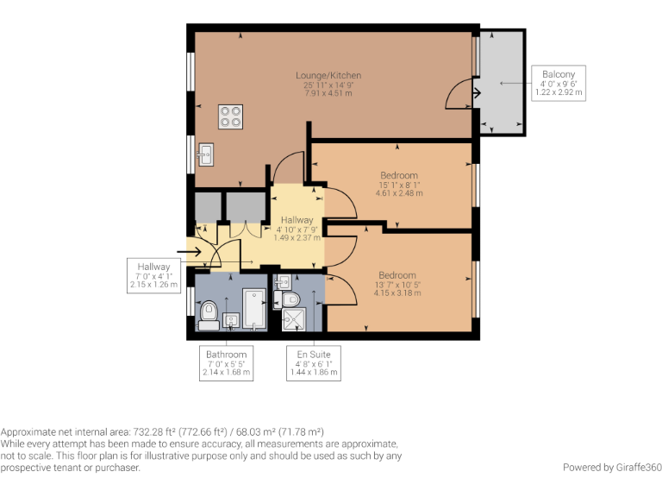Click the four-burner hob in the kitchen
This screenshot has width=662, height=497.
pos(230,116)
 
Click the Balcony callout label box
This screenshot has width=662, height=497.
pos(559,83)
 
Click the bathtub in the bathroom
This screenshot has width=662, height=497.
pos(254,308)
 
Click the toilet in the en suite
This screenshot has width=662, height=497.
pos(290,299)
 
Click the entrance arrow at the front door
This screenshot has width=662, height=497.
pos(192,252)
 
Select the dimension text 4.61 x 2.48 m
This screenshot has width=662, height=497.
pos(398,194)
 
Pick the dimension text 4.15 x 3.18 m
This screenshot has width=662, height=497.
pos(398,293)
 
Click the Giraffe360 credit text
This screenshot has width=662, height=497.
pos(612,467)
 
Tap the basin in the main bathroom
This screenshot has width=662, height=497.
pos(231,320)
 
